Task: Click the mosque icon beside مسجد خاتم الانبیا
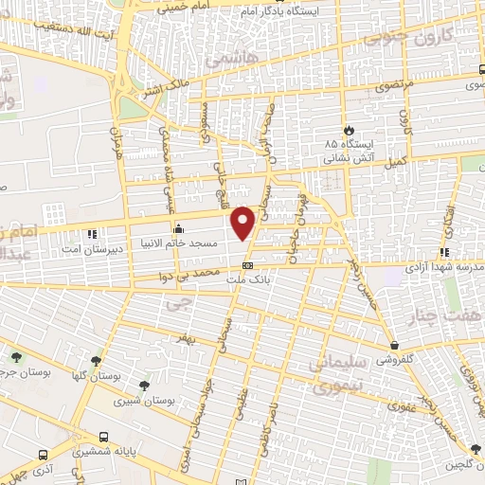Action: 178,228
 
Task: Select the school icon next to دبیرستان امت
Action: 92,233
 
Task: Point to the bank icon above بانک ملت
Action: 247,266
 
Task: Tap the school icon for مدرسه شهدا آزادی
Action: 443,252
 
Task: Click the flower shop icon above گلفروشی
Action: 394,345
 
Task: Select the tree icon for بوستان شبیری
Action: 143,385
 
